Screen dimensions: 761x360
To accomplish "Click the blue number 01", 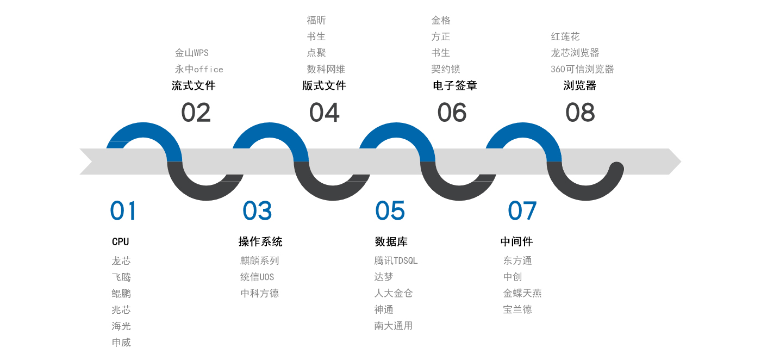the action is [x=123, y=210].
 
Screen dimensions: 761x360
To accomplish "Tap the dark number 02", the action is [x=196, y=113].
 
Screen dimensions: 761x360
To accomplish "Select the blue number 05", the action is [x=390, y=210].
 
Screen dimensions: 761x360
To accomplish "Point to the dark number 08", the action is [x=581, y=113].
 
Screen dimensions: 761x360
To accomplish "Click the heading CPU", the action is [x=120, y=241].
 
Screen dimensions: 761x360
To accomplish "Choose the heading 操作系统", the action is [x=260, y=241].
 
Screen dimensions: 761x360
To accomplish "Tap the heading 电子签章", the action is [x=455, y=86].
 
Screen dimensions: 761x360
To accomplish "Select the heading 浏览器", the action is [x=580, y=86].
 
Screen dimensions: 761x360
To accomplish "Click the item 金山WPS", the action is [x=191, y=53].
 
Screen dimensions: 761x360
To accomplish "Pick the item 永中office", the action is [x=199, y=70].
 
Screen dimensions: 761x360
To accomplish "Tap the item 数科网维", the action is [x=326, y=70].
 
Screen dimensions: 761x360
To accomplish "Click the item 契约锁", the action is [x=446, y=70].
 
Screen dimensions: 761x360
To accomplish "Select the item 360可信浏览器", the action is [x=582, y=70].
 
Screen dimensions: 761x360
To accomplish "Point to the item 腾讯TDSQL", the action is [x=396, y=260].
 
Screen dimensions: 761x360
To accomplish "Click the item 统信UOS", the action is [x=257, y=277].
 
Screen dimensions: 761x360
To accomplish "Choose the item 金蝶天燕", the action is [x=522, y=293].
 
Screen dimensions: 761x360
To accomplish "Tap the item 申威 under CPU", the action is [x=121, y=342].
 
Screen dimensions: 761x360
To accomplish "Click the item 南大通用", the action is [x=394, y=326].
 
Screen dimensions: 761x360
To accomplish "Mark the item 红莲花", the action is [x=565, y=37].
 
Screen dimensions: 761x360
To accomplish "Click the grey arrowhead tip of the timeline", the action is [x=681, y=162].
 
